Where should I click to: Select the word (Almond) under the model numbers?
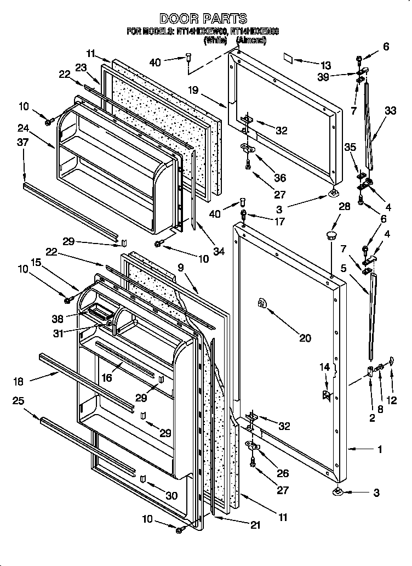(x=251, y=40)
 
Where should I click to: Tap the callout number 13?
(x=326, y=64)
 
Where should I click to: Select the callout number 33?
(x=390, y=110)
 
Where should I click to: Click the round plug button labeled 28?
(x=331, y=235)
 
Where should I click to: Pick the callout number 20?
(x=305, y=338)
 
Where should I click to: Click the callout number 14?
(x=325, y=367)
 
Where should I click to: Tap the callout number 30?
(x=171, y=496)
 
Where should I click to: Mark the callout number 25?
(x=18, y=401)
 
